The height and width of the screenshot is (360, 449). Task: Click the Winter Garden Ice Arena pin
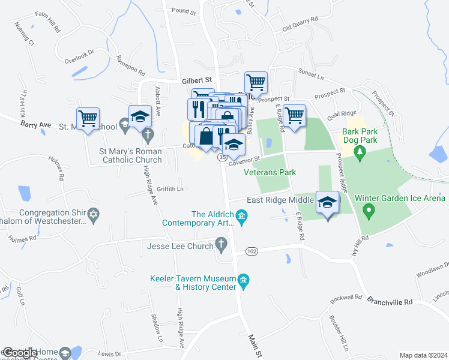[370, 211]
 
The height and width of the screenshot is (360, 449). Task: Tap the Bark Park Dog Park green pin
[360, 153]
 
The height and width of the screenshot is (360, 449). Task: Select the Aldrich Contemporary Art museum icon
[241, 216]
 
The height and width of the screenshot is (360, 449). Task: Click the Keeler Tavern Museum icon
[244, 280]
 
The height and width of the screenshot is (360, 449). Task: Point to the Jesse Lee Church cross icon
[221, 245]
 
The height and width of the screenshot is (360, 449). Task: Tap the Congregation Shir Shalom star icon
[93, 214]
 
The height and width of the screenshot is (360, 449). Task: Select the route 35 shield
[222, 157]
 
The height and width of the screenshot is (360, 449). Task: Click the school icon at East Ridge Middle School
[328, 203]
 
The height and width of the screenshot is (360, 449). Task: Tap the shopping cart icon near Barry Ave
[88, 118]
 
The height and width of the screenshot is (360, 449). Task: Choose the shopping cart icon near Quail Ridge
[294, 115]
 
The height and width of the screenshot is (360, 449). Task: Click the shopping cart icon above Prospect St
[256, 82]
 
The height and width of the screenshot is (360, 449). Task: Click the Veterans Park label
[270, 172]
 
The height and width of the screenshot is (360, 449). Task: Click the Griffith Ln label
[170, 188]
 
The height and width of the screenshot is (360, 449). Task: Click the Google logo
[20, 353]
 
